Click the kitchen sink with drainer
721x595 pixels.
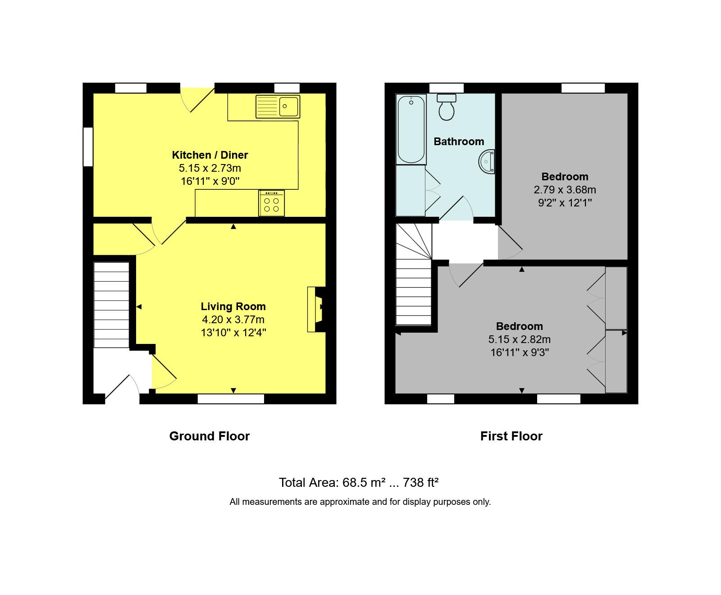278,106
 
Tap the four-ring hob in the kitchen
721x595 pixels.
271,204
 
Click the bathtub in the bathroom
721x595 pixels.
411,130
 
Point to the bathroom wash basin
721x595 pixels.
488,161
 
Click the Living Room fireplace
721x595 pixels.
316,309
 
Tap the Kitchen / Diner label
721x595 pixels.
210,155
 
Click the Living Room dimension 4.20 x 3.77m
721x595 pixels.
233,320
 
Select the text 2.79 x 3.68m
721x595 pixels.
565,190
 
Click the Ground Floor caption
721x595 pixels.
209,436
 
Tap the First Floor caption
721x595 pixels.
511,436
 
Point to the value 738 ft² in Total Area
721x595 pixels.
420,482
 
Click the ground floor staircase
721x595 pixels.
111,305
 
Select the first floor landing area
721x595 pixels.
464,241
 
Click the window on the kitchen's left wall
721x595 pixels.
88,147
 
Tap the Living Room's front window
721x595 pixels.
231,398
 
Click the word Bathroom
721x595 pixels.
459,142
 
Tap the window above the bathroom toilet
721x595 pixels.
446,88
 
